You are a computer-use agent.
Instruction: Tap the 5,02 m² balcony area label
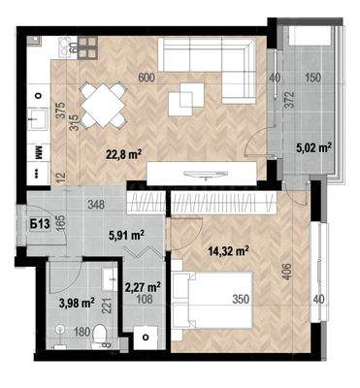tap(313, 147)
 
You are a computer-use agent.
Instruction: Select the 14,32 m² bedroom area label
tap(229, 250)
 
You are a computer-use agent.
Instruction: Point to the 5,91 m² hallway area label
tap(126, 234)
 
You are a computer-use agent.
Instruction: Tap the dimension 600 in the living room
tap(146, 78)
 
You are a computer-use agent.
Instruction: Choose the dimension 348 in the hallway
tap(94, 204)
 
